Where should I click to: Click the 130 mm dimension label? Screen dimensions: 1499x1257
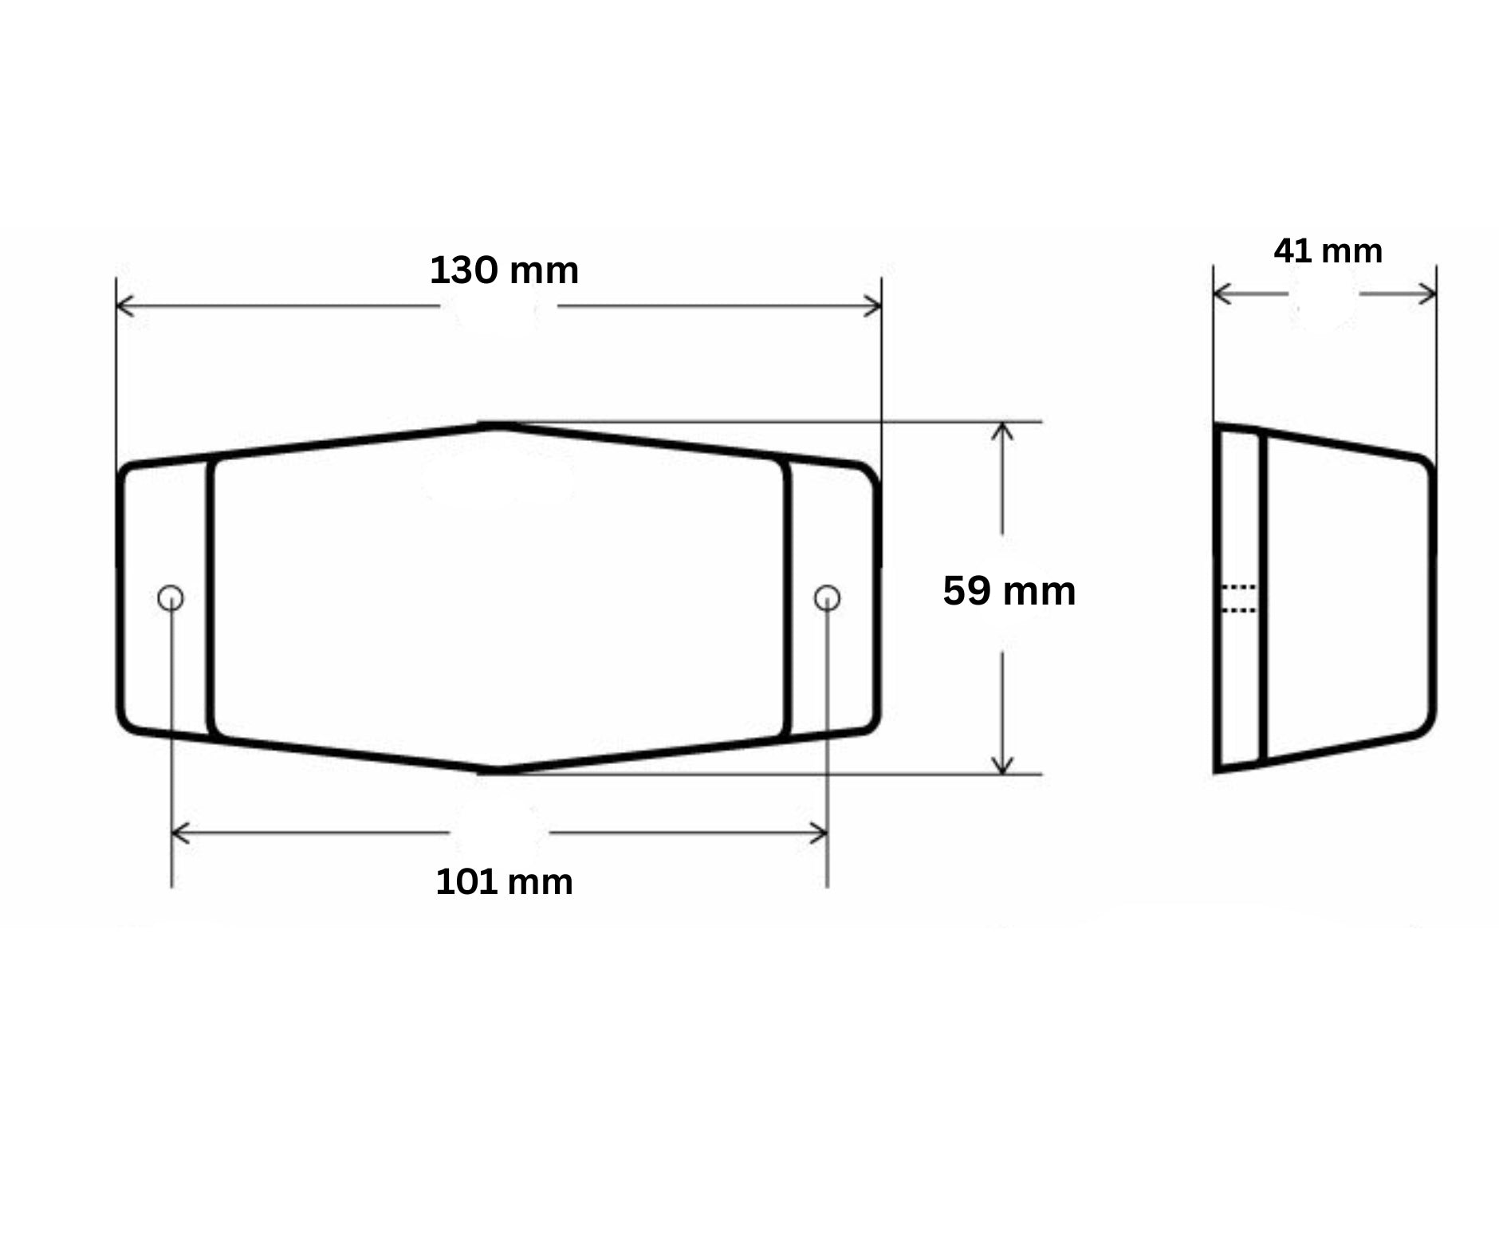click(x=504, y=270)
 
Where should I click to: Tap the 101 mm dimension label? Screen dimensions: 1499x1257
click(x=504, y=882)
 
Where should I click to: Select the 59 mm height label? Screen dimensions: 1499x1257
click(x=1009, y=591)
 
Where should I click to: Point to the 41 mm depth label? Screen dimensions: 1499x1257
click(x=1328, y=251)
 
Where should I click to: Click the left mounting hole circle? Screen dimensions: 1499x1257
click(x=171, y=597)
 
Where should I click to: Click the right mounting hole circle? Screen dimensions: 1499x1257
click(x=827, y=597)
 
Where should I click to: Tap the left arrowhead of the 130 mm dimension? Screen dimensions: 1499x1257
click(x=125, y=305)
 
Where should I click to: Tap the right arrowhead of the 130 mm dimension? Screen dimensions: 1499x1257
click(x=872, y=305)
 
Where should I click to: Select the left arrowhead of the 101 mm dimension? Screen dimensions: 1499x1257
click(x=181, y=833)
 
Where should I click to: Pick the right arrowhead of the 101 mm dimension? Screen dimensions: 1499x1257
click(x=818, y=833)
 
